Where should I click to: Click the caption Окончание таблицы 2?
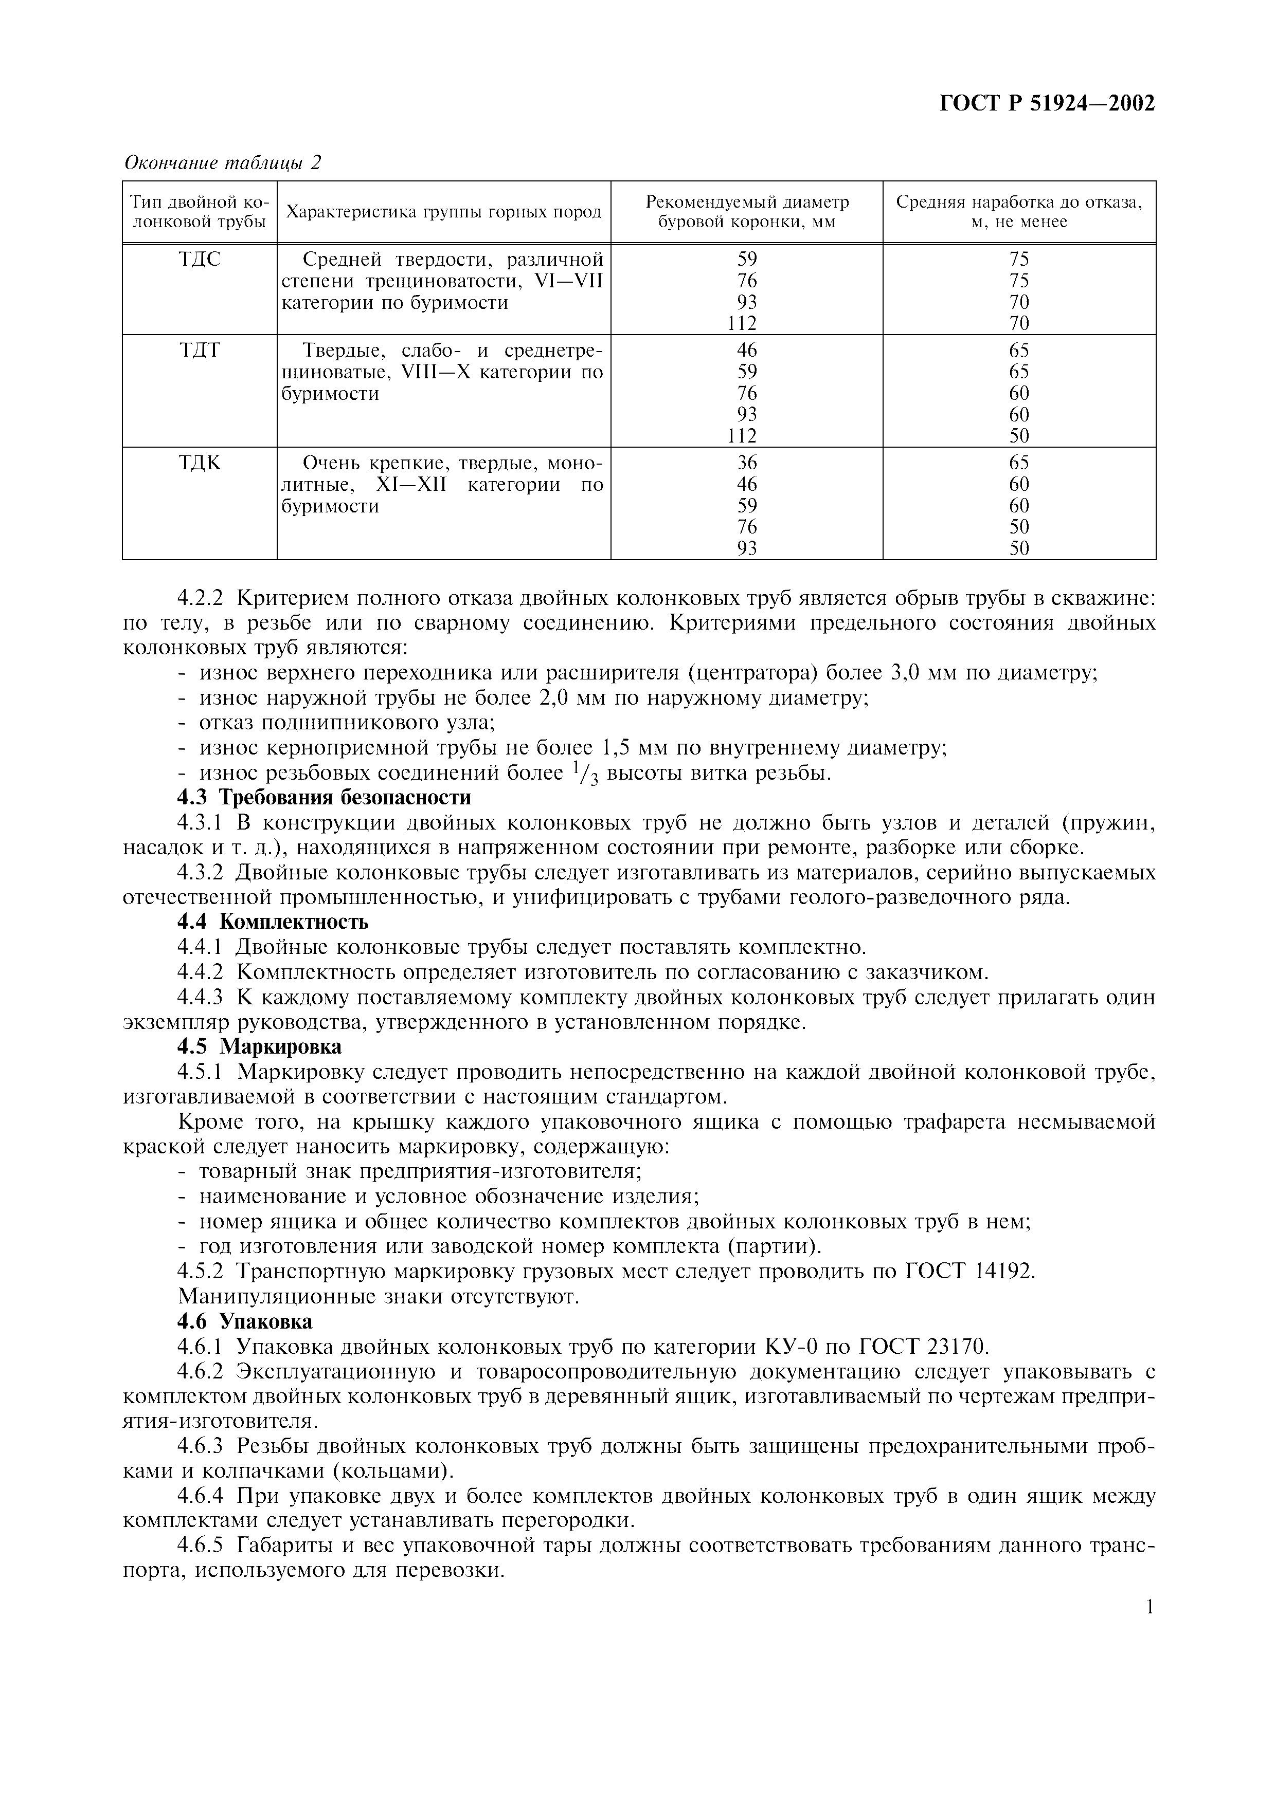223,162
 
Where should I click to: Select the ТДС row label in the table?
200,259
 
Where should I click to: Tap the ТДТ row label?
200,350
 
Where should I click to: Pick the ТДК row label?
200,463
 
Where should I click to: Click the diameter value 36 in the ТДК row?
747,463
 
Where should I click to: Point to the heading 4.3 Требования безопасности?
325,798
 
